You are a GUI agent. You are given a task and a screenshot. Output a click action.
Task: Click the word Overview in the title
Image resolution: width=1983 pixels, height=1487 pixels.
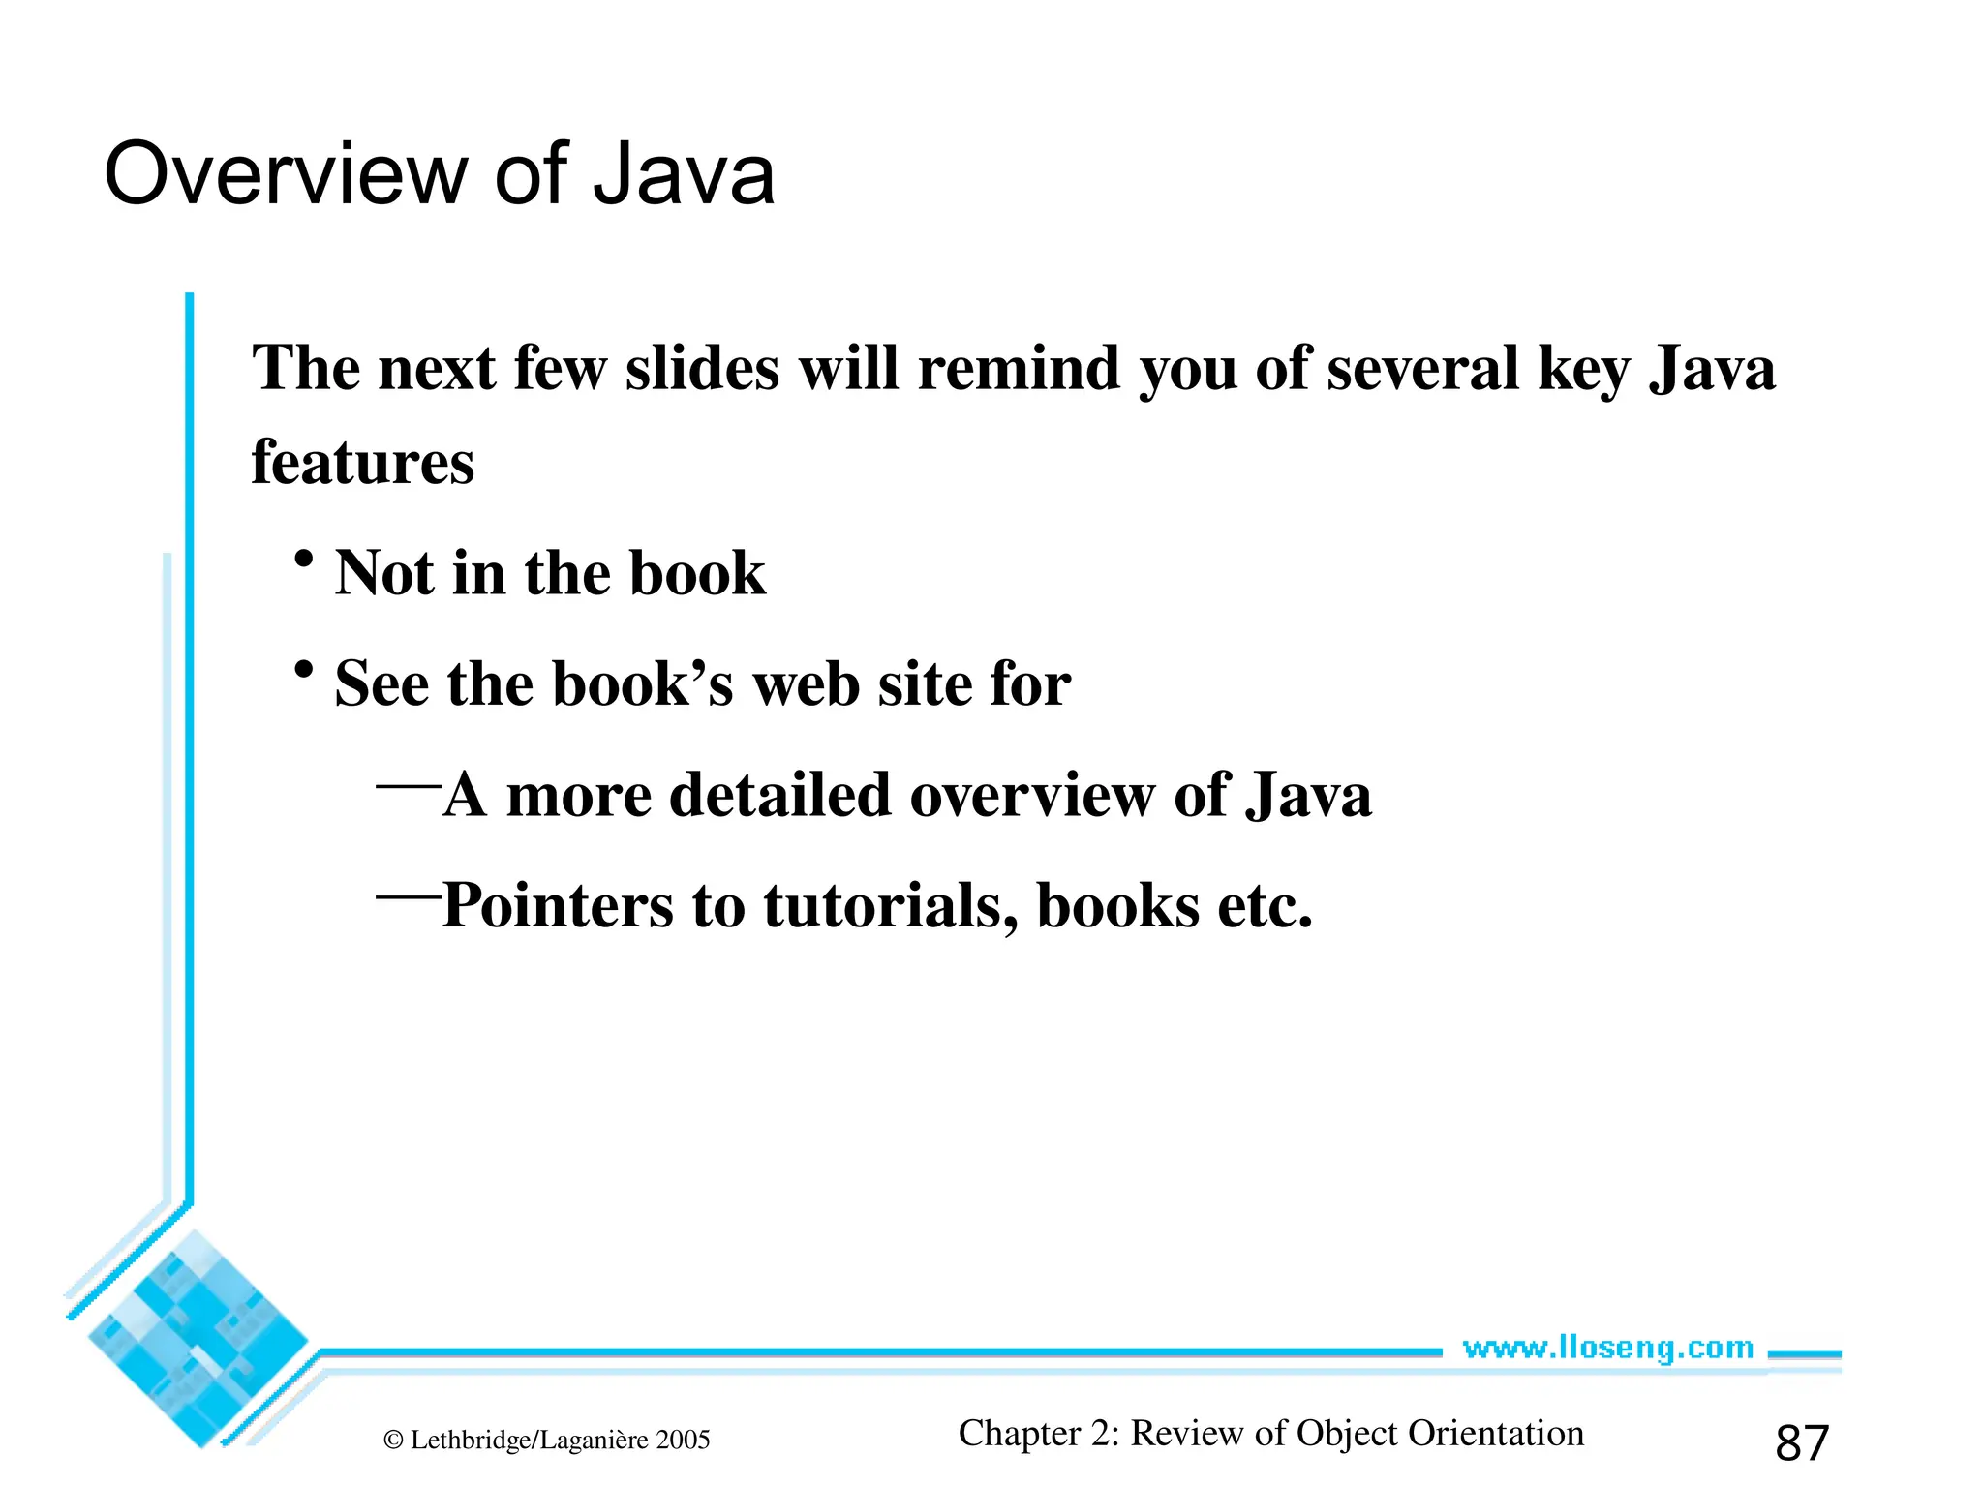tap(286, 174)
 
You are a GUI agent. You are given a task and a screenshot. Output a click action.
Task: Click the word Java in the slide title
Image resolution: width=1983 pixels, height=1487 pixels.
tap(684, 174)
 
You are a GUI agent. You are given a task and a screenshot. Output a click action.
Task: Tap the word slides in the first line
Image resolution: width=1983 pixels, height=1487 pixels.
tap(702, 369)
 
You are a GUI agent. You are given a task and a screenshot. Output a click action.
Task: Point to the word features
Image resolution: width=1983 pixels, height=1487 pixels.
tap(363, 462)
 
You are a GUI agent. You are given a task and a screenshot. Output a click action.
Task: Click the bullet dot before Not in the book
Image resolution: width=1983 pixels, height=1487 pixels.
tap(304, 560)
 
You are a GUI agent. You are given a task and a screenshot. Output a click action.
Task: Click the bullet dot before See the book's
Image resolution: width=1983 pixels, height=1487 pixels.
tap(304, 670)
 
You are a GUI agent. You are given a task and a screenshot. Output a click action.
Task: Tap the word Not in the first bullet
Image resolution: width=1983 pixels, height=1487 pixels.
tap(383, 573)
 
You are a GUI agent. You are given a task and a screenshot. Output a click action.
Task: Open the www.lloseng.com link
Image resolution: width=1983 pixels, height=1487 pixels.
tap(1607, 1348)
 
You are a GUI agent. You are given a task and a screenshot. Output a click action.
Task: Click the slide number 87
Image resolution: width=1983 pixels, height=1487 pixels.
tap(1802, 1443)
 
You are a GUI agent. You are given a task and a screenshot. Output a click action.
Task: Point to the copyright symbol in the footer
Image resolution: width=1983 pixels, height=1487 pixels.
tap(393, 1441)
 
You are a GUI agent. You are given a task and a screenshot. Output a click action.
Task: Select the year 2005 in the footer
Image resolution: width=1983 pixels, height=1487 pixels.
tap(683, 1441)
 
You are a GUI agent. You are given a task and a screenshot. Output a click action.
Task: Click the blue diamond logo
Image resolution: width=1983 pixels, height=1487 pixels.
tap(198, 1339)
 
